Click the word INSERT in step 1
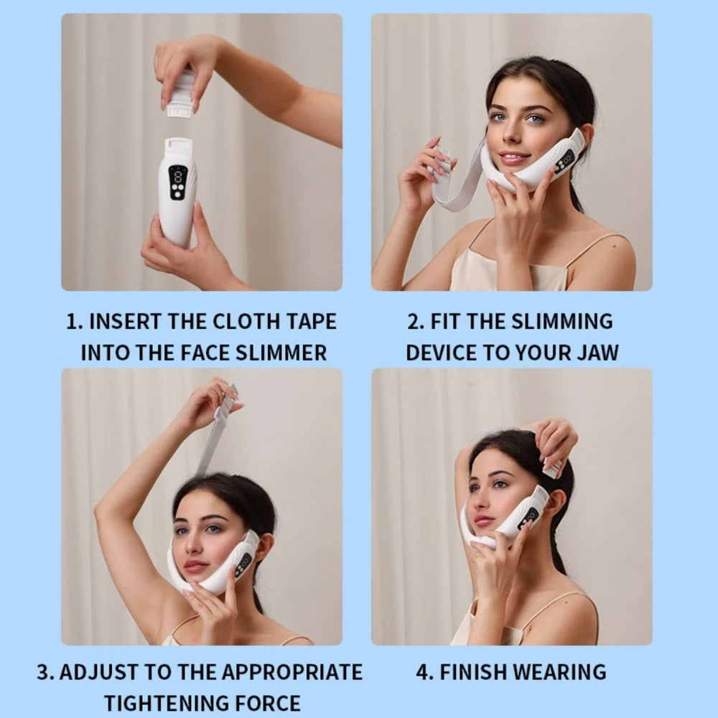click(x=123, y=321)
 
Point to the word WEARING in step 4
click(x=559, y=672)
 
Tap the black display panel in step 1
click(x=177, y=183)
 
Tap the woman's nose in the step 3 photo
click(x=190, y=547)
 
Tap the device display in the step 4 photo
click(x=530, y=516)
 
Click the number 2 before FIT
click(x=414, y=321)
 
